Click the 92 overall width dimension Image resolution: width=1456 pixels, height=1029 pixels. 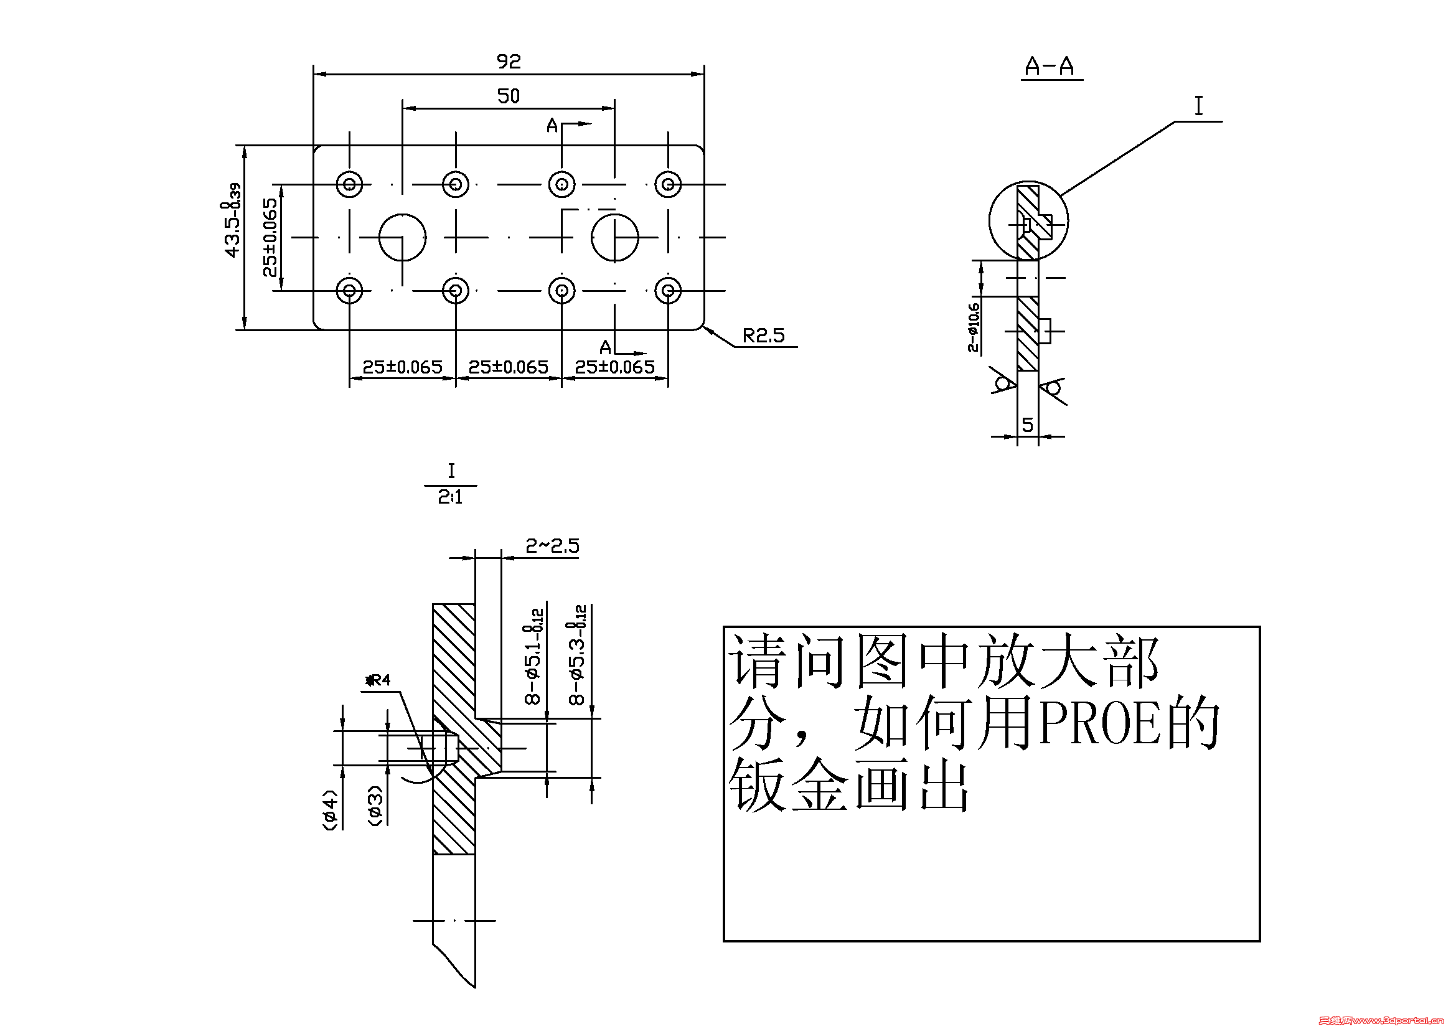[509, 62]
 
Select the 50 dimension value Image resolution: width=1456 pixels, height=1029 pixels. [509, 96]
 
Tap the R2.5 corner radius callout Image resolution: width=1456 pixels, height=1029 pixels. [764, 336]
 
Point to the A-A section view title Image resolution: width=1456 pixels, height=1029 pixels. [1050, 66]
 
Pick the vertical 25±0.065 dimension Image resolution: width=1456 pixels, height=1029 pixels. [270, 238]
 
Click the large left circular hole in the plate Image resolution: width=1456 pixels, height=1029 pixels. [402, 237]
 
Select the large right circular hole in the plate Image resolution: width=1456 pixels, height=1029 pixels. [614, 237]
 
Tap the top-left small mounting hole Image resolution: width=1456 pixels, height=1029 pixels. [349, 184]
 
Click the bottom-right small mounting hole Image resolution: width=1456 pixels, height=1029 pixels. [668, 291]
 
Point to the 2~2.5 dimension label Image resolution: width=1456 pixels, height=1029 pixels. [552, 546]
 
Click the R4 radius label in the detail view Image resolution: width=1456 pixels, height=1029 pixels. [379, 680]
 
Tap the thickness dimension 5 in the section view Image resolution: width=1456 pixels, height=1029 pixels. [1027, 425]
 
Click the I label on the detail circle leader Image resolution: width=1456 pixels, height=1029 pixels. [1198, 106]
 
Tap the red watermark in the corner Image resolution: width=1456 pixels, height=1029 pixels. [1386, 1020]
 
